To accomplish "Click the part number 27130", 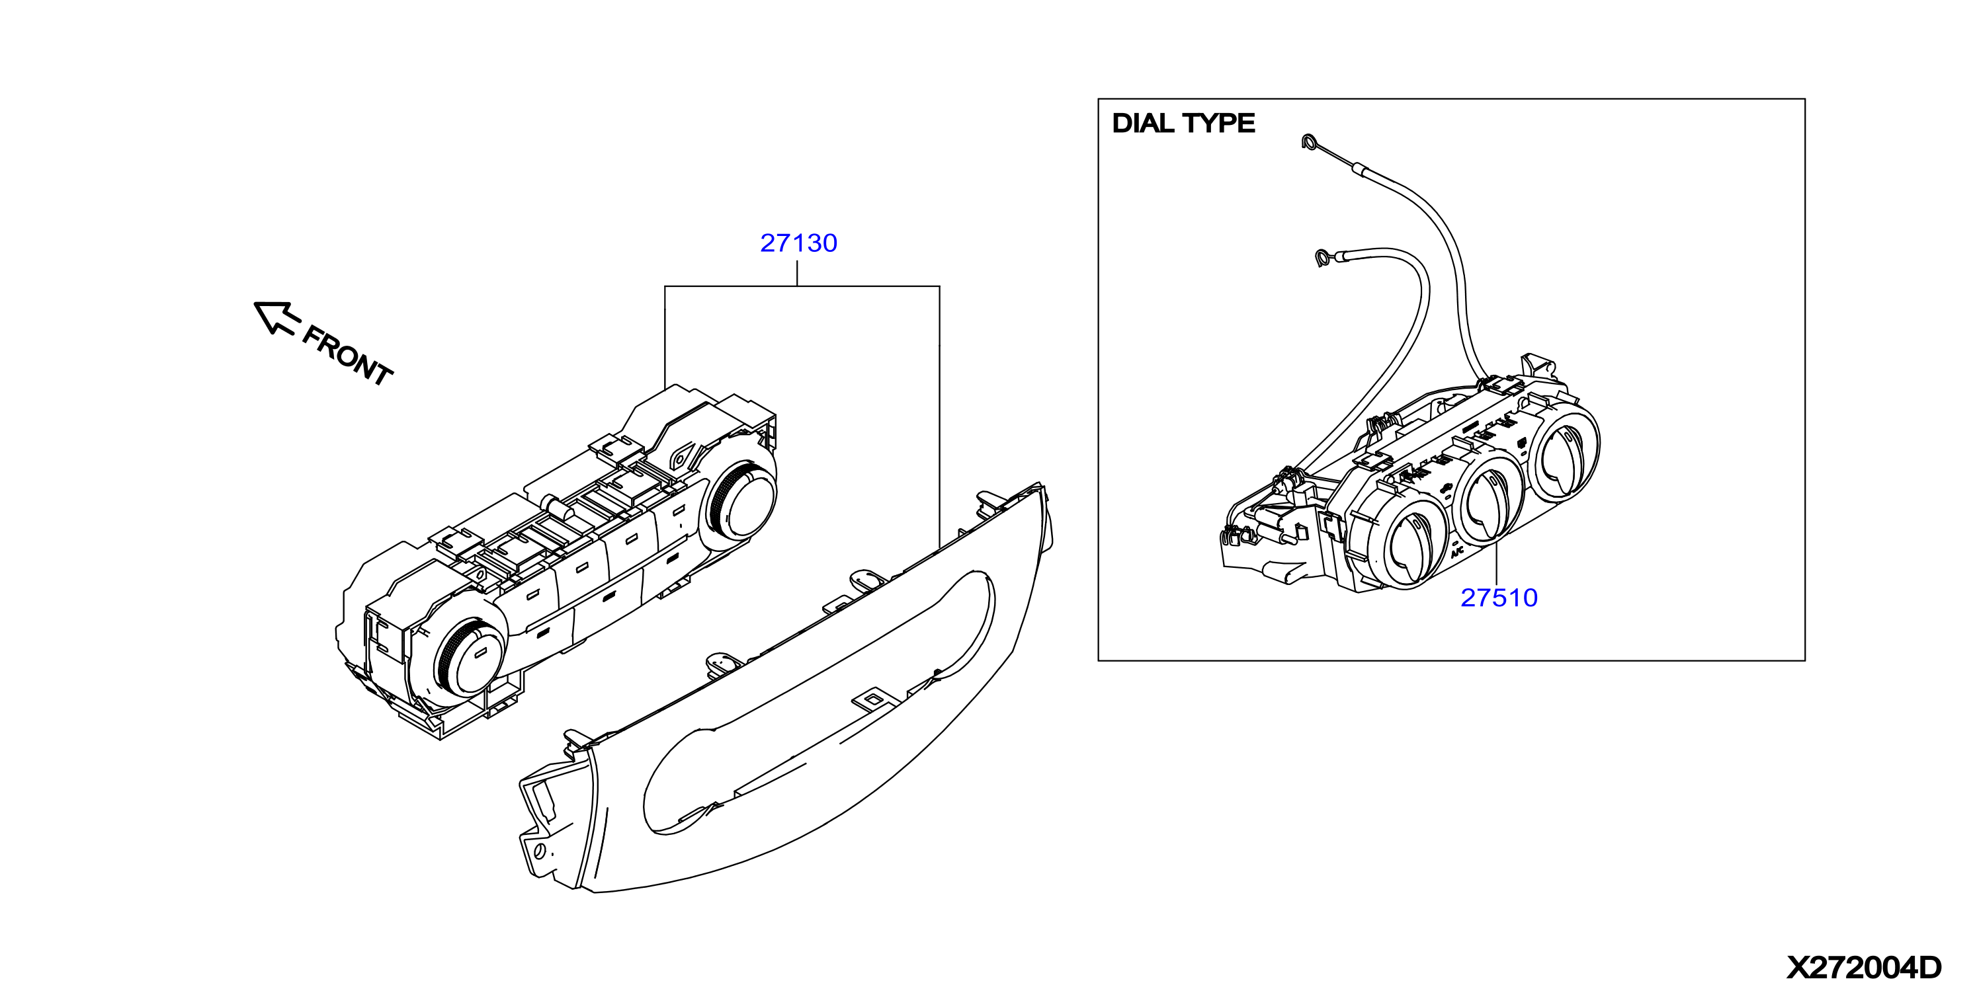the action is [798, 243].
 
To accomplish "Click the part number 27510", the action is [1498, 598].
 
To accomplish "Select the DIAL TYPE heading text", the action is [1183, 124].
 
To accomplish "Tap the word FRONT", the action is [347, 356].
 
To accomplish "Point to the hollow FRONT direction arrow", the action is [274, 317].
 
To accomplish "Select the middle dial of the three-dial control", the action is [1490, 503].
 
